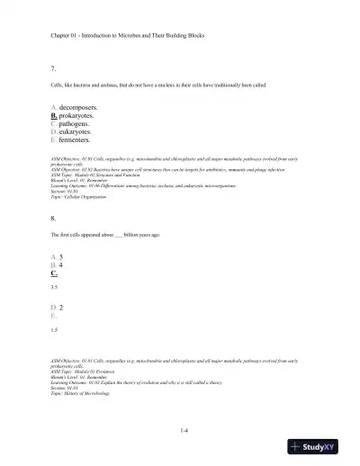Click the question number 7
[x=55, y=68]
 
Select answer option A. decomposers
[x=81, y=107]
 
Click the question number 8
[x=55, y=218]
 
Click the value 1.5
[x=56, y=330]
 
